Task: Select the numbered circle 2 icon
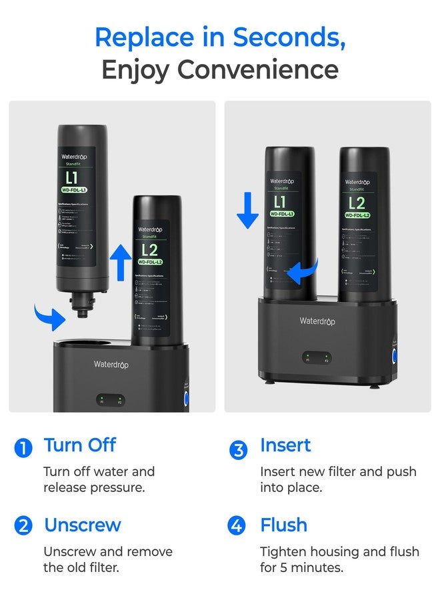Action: [x=23, y=526]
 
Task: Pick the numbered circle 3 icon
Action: [x=238, y=450]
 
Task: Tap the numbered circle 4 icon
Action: [x=237, y=526]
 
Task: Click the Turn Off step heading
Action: [x=80, y=445]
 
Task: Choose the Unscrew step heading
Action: [x=83, y=525]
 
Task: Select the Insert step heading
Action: [x=285, y=445]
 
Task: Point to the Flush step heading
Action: [x=283, y=525]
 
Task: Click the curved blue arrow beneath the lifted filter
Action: [x=50, y=316]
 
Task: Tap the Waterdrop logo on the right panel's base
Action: [x=317, y=321]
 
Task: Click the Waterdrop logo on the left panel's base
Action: [x=111, y=364]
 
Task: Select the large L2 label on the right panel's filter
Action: [x=357, y=203]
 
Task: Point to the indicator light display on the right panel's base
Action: [x=317, y=359]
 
